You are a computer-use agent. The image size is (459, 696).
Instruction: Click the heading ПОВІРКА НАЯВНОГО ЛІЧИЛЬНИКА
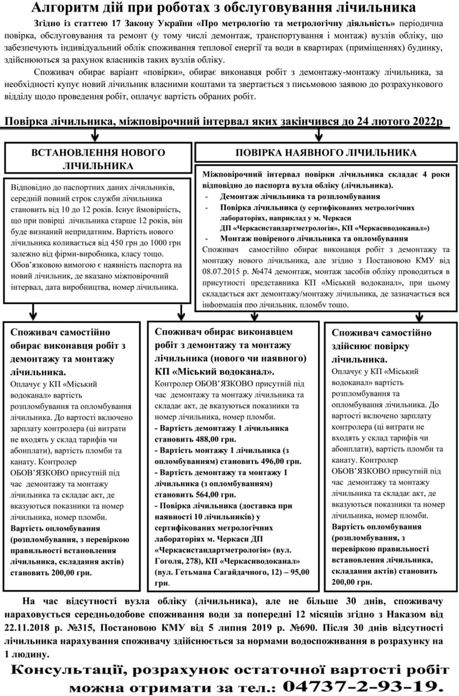325,153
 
